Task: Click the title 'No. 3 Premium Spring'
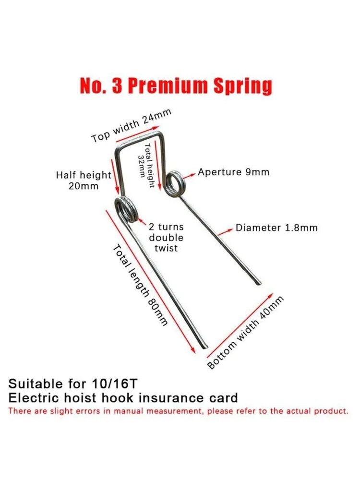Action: tap(176, 85)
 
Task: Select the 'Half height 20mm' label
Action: tap(84, 180)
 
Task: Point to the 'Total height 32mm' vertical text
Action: tap(145, 165)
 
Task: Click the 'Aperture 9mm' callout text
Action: tap(234, 172)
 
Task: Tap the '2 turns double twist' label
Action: tap(166, 238)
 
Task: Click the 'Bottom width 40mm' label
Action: tap(245, 333)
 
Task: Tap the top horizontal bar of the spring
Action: tap(139, 140)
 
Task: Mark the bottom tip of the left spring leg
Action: tap(205, 347)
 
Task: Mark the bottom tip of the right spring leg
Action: tap(259, 283)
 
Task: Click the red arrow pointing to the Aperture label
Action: tap(190, 175)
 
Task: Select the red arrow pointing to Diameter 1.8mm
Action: tap(225, 232)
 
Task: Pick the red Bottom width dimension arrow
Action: tap(240, 325)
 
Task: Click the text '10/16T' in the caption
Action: tap(115, 384)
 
